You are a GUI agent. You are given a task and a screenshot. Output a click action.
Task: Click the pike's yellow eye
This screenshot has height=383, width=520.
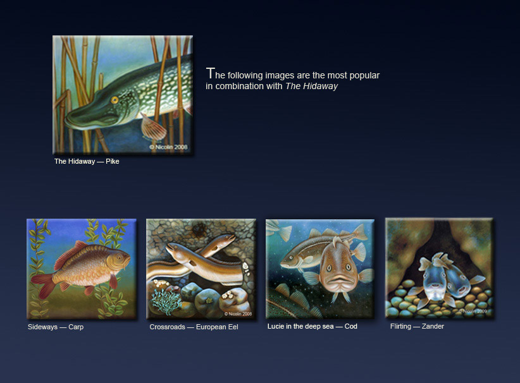115,100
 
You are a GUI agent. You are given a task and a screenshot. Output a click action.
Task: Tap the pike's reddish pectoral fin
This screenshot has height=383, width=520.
153,127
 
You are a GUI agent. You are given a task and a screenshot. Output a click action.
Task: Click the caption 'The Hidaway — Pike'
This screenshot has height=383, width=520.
87,161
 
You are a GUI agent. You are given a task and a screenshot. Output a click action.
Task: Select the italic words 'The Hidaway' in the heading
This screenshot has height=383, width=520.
311,86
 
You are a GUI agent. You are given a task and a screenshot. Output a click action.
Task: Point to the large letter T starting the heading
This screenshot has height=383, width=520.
210,73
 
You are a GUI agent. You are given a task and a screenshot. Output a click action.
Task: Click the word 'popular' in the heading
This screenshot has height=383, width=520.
364,76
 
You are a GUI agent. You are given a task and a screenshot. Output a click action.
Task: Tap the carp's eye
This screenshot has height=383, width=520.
120,257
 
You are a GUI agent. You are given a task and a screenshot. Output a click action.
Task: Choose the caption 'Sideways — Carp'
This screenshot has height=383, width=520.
56,327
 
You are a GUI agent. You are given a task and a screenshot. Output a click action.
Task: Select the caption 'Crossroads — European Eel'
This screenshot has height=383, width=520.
194,327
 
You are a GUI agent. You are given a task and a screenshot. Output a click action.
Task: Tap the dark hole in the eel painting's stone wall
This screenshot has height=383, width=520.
200,229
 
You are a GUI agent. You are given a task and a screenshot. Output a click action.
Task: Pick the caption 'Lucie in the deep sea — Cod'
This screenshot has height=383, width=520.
312,326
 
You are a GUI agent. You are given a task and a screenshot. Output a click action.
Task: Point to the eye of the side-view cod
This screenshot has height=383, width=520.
292,256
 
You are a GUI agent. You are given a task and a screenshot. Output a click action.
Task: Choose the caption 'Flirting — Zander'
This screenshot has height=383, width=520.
417,326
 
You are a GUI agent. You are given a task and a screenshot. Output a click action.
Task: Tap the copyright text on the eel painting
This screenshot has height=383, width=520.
238,313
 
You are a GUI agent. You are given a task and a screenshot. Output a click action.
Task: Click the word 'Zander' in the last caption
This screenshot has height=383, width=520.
433,326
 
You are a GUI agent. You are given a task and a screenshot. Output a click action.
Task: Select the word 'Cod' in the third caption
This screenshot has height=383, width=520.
351,326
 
